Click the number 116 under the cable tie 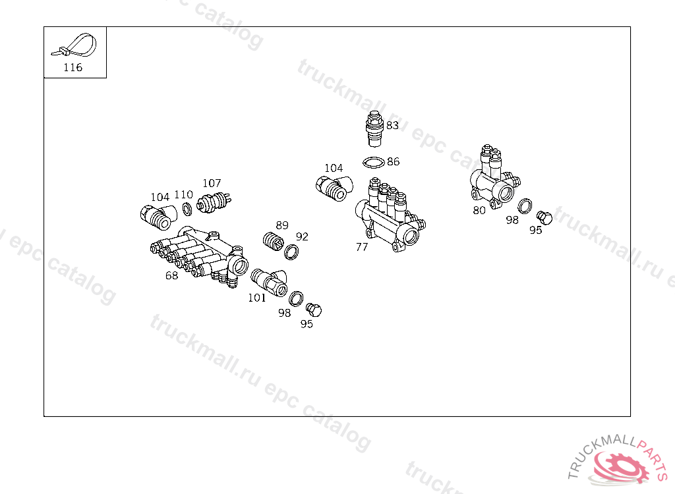pos(73,67)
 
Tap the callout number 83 pos(392,125)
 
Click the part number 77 pos(361,247)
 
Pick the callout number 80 pos(479,210)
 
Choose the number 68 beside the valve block pos(171,275)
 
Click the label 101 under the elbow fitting pos(256,298)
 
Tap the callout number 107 pos(212,183)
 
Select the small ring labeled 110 pos(187,209)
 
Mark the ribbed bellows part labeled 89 pos(270,241)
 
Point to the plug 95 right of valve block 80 pos(544,217)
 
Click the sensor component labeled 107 pos(214,201)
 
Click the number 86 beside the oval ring pos(393,161)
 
